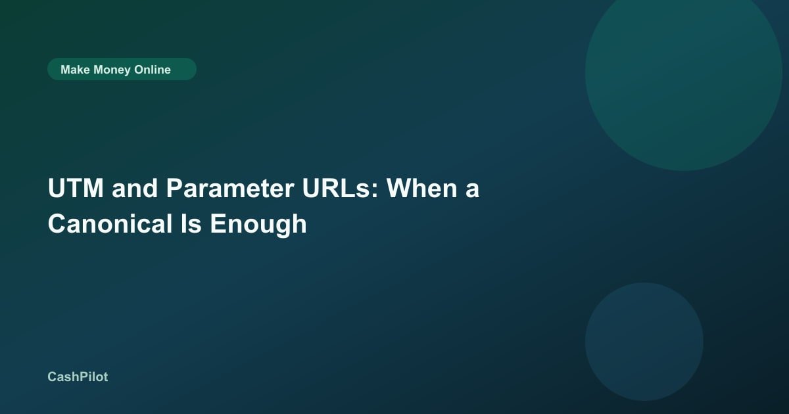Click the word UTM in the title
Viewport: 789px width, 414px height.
[x=76, y=189]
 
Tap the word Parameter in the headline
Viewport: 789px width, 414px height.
[x=230, y=189]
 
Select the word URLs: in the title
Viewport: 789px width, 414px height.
[x=341, y=189]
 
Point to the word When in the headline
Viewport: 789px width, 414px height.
[x=422, y=189]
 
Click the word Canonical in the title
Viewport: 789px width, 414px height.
[x=110, y=223]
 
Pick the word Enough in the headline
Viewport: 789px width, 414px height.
[x=258, y=225]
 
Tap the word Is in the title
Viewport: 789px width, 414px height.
[x=191, y=223]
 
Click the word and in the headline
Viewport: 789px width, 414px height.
[x=135, y=189]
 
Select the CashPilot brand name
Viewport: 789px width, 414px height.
[x=78, y=377]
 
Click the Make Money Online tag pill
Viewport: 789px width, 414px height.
[x=122, y=69]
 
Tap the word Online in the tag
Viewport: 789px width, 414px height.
[x=152, y=70]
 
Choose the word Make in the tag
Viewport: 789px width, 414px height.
[x=75, y=70]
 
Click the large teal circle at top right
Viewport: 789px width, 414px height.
[x=683, y=73]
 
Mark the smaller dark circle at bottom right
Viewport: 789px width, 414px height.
[x=644, y=342]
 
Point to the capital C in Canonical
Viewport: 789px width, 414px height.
[x=57, y=223]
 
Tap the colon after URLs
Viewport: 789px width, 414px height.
[x=374, y=191]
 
